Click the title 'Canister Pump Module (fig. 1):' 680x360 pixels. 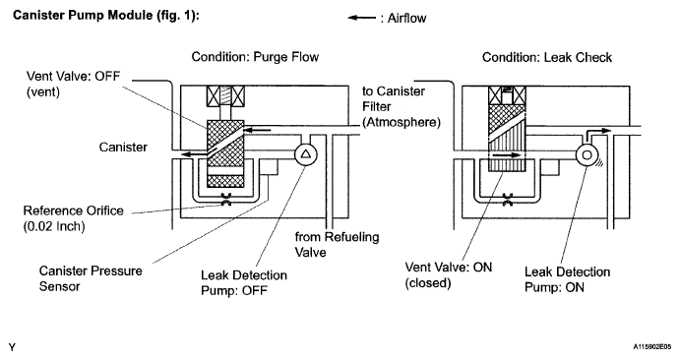point(106,16)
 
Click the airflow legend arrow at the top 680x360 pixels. point(362,18)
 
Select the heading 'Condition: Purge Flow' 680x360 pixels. point(255,57)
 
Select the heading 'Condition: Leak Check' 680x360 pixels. point(547,57)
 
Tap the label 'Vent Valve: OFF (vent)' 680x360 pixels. point(73,84)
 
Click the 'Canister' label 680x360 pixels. point(123,148)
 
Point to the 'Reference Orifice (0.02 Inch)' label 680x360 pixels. point(73,218)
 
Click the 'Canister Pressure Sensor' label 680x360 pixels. point(91,278)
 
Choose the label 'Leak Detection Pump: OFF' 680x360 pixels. point(244,282)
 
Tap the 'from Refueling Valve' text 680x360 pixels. point(337,244)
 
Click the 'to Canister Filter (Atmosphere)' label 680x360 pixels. point(402,106)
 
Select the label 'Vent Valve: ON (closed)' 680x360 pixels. point(449,274)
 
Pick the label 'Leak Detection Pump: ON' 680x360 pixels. point(567,279)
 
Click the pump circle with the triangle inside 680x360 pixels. point(306,154)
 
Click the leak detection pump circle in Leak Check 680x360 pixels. point(587,154)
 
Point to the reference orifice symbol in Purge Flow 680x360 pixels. point(226,200)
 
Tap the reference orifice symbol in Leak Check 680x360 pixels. point(508,200)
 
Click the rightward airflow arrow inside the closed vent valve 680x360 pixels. point(506,154)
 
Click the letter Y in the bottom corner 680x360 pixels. point(12,347)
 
